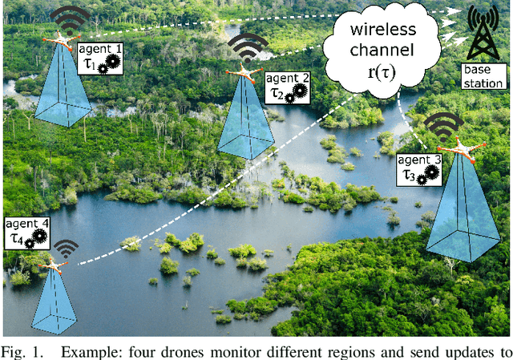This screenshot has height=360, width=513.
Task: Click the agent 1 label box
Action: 102,60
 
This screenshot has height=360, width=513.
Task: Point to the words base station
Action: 483,78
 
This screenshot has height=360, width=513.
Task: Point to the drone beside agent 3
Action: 459,149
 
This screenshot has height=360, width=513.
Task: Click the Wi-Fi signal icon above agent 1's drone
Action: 71,16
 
